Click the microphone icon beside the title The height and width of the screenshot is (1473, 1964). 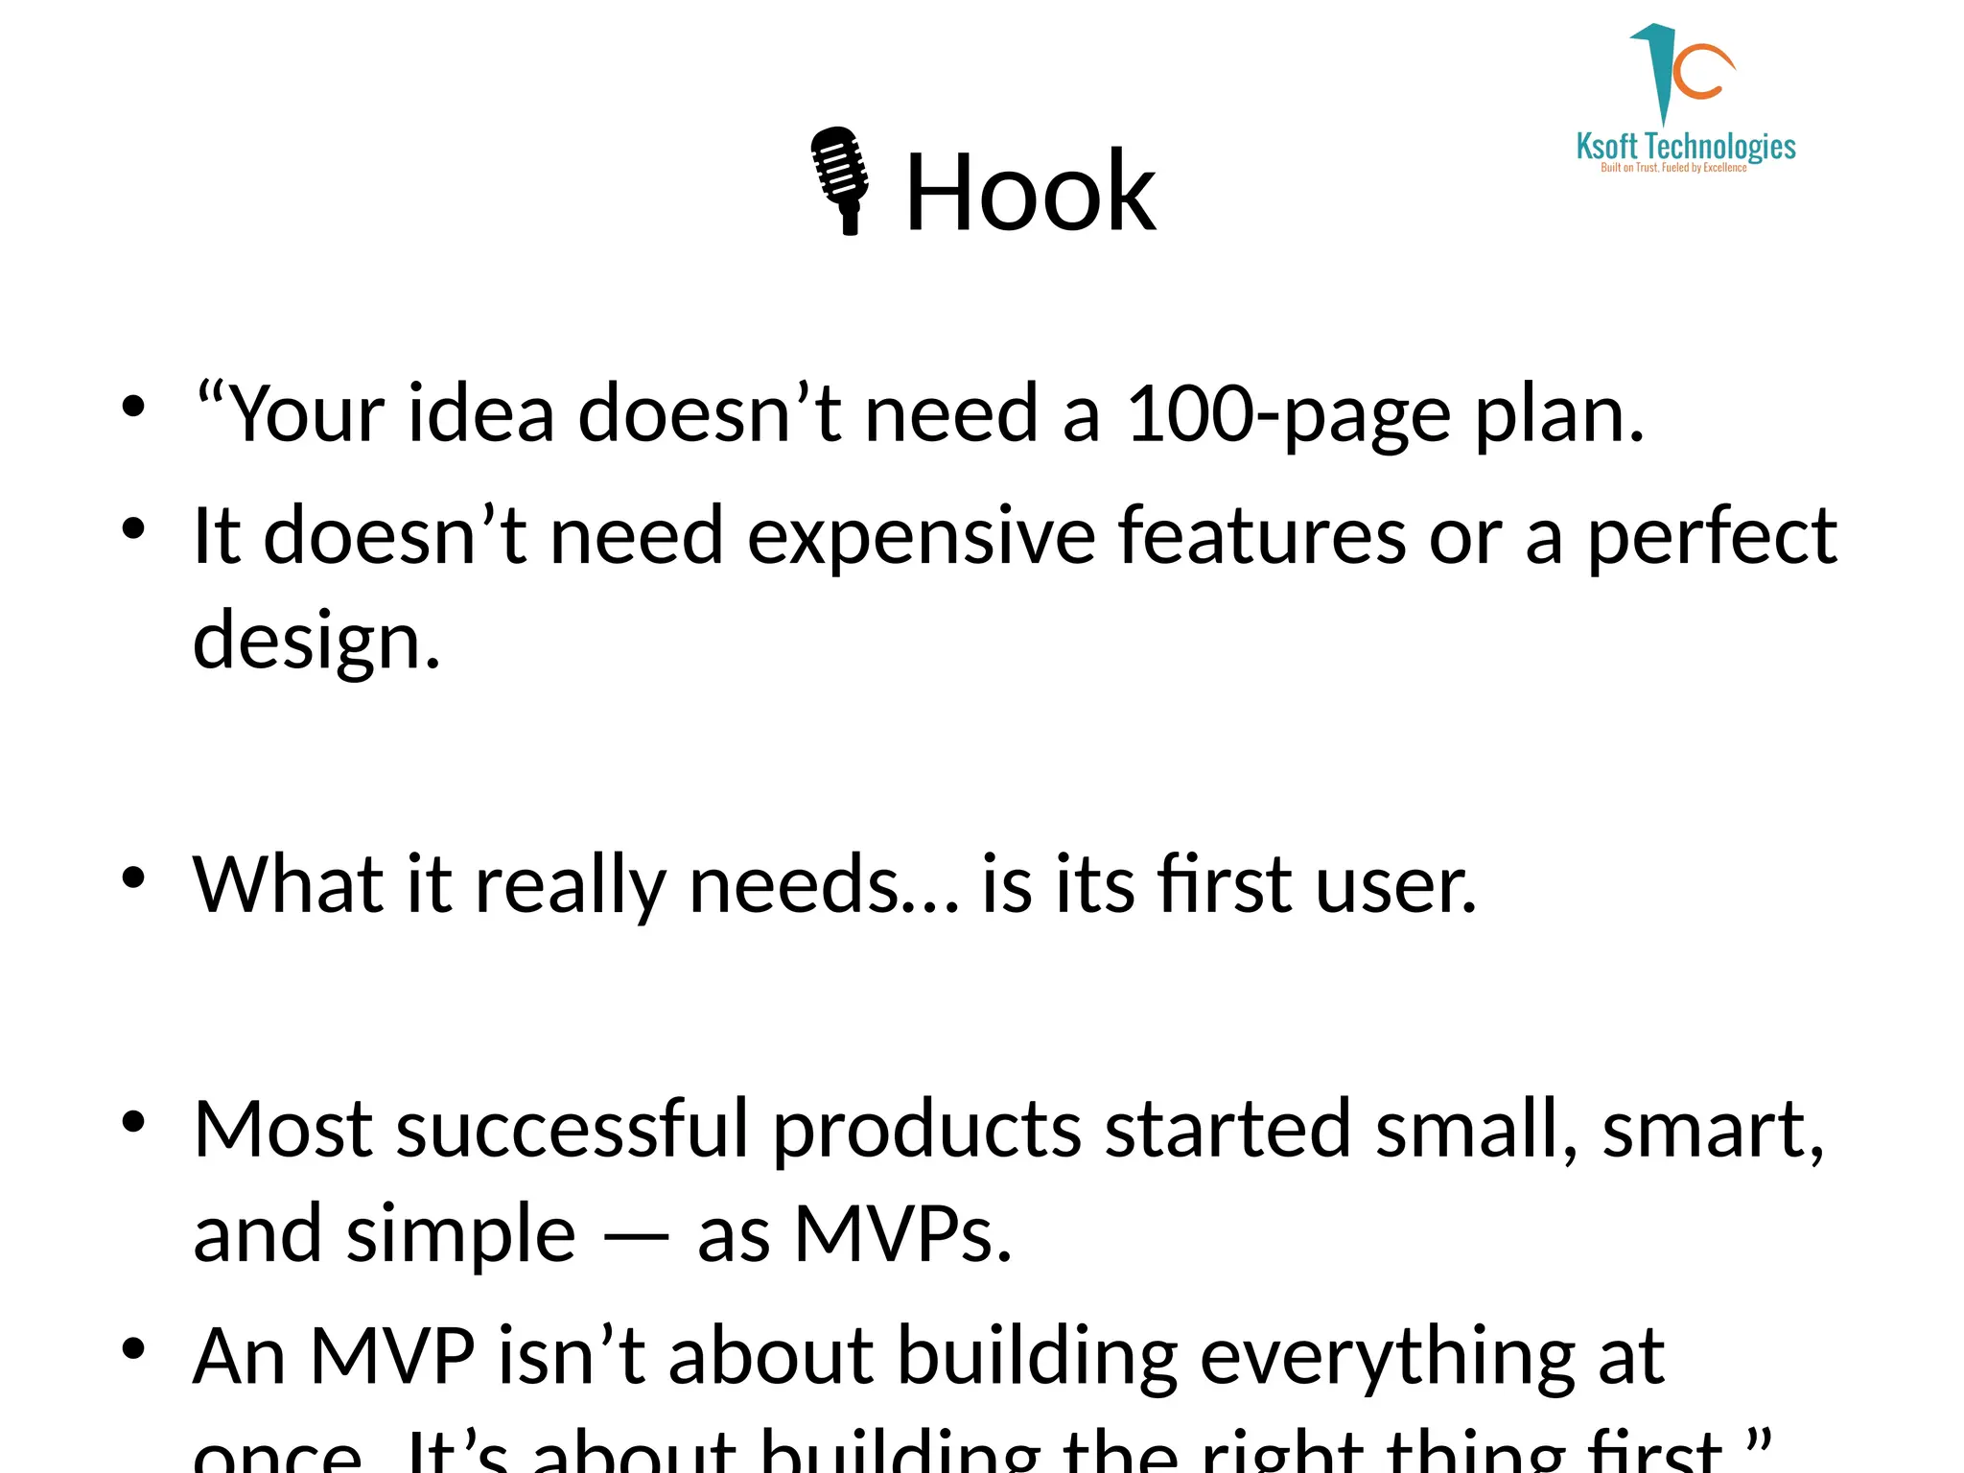[841, 180]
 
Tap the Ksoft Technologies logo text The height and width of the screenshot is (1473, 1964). [1686, 147]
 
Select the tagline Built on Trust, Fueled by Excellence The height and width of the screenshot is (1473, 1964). [1673, 168]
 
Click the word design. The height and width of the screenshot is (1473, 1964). [316, 641]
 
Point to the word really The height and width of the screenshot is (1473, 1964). [570, 884]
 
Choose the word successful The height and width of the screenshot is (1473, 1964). [572, 1129]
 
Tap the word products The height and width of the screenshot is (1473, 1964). [926, 1129]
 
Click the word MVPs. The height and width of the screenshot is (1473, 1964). [902, 1234]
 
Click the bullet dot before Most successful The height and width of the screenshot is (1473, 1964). [133, 1121]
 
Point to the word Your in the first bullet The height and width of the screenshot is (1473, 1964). [306, 414]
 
